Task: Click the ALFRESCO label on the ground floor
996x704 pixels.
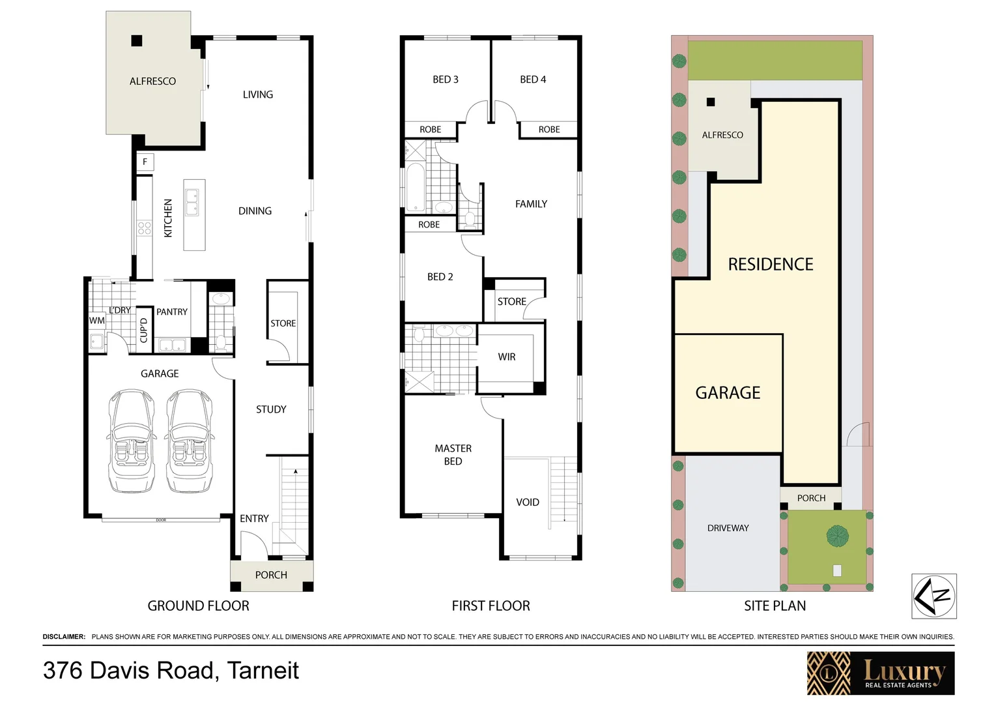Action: tap(152, 81)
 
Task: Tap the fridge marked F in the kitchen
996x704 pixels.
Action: tap(145, 162)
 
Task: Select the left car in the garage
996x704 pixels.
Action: tap(132, 441)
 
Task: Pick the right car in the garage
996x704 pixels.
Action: tap(190, 441)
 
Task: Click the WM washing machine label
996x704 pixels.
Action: tap(96, 321)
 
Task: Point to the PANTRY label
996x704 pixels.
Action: tap(172, 312)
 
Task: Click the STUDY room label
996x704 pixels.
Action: tap(271, 409)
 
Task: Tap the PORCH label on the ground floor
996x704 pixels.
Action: tap(271, 575)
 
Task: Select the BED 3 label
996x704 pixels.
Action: tap(446, 80)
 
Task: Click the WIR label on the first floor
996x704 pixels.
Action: tap(507, 357)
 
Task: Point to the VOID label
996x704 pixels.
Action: tap(528, 503)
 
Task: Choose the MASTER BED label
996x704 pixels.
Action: tap(453, 455)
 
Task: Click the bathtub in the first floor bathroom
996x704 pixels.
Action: tap(415, 188)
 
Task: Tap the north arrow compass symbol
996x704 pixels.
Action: tap(933, 596)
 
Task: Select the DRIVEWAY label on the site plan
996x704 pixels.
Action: tap(728, 528)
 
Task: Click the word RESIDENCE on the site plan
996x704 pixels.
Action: tap(771, 265)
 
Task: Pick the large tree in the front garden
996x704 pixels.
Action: tap(837, 536)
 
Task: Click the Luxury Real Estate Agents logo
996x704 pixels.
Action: tap(881, 673)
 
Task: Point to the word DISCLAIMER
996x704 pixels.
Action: tap(64, 637)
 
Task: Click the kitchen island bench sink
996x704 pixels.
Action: tap(192, 203)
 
